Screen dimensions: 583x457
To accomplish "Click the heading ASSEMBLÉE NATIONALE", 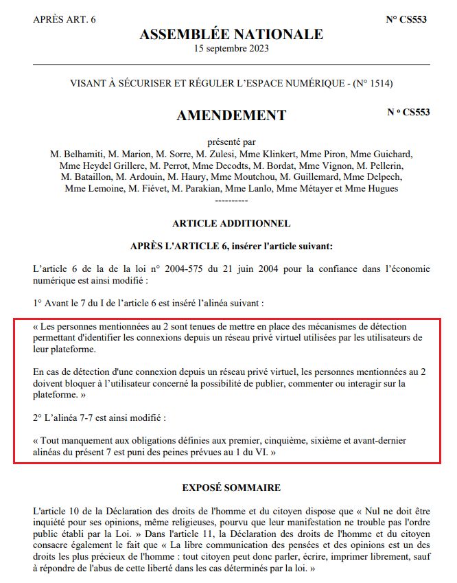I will tap(231, 34).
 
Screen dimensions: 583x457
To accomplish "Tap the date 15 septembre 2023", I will tap(231, 49).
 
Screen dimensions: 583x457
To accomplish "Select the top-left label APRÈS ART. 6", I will tap(65, 19).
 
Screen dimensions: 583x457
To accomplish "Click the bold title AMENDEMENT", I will tap(231, 115).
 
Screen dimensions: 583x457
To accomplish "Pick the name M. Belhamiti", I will tap(76, 154).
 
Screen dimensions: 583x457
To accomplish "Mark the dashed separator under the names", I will tap(231, 199).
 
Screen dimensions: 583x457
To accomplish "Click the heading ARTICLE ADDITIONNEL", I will tap(231, 223).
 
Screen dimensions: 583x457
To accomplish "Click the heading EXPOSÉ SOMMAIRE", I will tap(231, 488).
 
